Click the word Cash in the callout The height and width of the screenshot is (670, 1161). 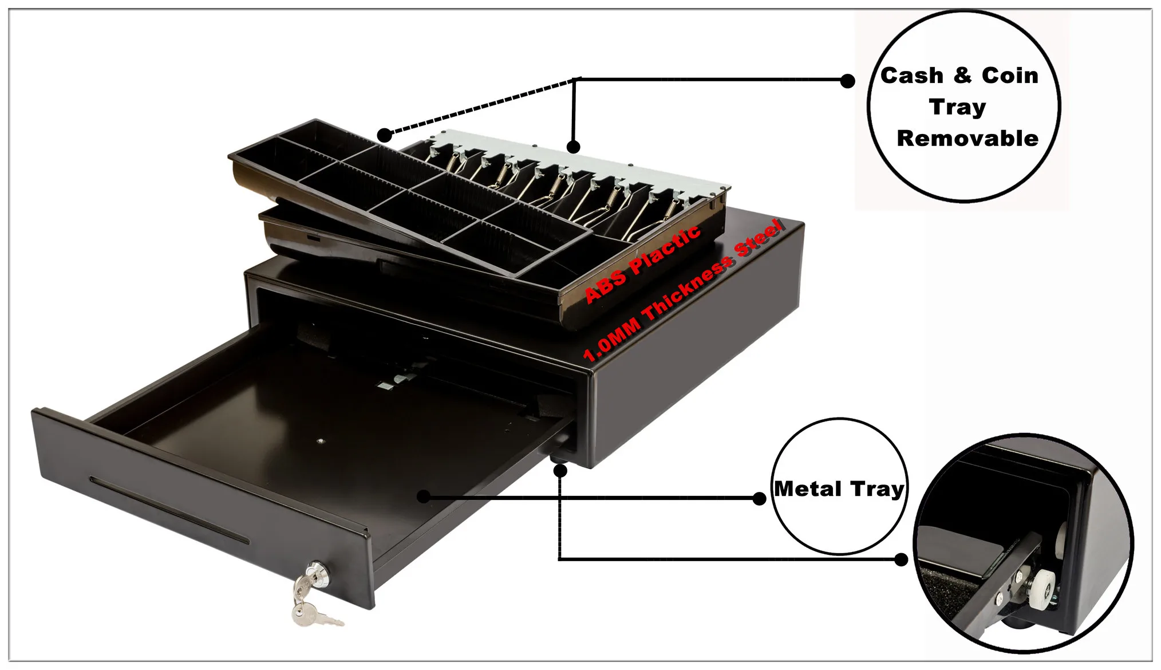click(911, 76)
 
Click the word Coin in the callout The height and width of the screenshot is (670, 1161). click(1010, 76)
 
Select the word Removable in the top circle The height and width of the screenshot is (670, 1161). click(967, 139)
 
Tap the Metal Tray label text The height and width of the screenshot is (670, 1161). click(839, 489)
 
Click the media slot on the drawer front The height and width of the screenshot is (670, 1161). click(169, 510)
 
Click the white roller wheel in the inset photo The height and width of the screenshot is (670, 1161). click(1040, 590)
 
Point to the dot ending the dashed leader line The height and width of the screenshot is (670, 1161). click(385, 135)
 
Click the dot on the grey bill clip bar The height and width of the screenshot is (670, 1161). click(573, 147)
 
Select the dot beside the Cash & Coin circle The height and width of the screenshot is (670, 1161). click(847, 81)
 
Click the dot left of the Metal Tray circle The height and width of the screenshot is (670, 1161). click(759, 498)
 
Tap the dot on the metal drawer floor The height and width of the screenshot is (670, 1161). click(423, 496)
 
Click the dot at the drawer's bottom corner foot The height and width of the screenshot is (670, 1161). click(560, 471)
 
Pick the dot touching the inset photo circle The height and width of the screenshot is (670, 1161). click(901, 559)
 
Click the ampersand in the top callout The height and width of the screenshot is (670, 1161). click(963, 76)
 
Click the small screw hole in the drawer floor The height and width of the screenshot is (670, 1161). click(320, 441)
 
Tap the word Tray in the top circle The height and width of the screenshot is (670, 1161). click(958, 107)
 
